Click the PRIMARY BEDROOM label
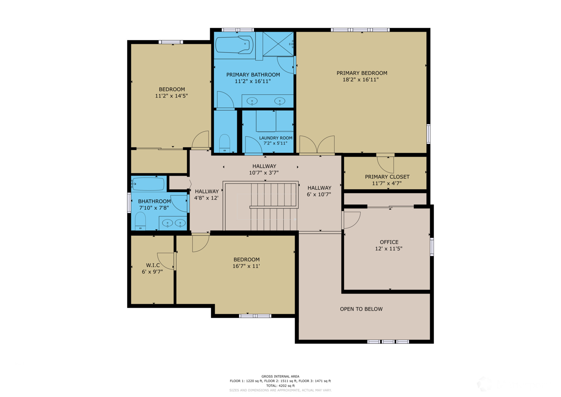click(362, 73)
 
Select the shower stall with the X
click(278, 44)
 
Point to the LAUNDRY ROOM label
click(276, 138)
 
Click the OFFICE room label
click(389, 242)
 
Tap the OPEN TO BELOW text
click(361, 309)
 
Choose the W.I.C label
click(153, 265)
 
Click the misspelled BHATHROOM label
click(154, 201)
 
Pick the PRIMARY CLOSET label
click(387, 177)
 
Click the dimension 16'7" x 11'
click(246, 266)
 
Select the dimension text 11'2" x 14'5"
click(171, 96)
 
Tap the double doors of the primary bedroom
click(317, 144)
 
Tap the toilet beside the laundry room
click(224, 143)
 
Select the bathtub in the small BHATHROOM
click(148, 184)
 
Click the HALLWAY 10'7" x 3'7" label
click(264, 169)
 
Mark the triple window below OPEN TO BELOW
click(388, 341)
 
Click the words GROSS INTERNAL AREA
click(280, 376)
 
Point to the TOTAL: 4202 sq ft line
click(280, 386)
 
